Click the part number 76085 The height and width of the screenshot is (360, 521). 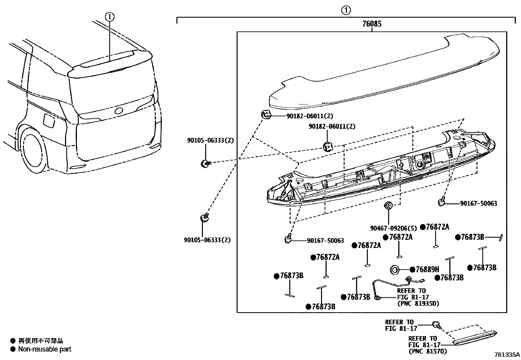tap(372, 24)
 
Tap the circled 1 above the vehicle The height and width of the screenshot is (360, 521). tap(110, 16)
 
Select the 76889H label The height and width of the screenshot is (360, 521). tap(427, 269)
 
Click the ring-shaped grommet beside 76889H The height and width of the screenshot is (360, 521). tap(395, 270)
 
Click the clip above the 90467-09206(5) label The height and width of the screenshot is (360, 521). tap(388, 206)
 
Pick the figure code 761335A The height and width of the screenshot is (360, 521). tap(507, 354)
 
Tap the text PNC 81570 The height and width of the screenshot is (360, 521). tap(428, 351)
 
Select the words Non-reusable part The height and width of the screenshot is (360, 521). tap(45, 349)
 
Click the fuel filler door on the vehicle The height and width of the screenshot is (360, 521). tap(49, 121)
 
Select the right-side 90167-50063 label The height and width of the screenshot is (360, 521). tap(478, 203)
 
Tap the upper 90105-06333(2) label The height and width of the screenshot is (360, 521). tap(210, 140)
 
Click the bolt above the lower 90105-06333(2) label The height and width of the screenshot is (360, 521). tap(205, 218)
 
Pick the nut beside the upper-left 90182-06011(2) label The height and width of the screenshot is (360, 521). tap(266, 115)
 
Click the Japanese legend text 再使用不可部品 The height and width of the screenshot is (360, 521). tap(41, 341)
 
